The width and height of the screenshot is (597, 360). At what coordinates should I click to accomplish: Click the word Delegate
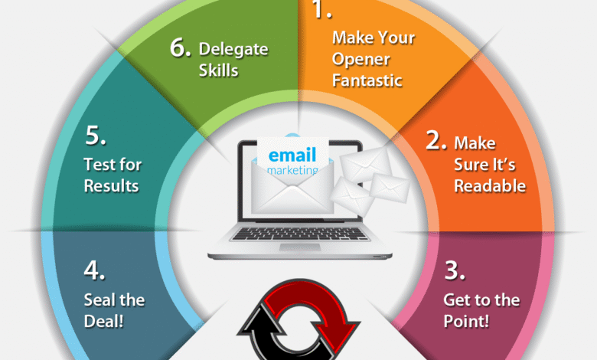233,50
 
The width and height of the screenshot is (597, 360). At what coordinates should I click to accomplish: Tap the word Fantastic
367,80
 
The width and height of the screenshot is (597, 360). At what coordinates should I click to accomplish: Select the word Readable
490,186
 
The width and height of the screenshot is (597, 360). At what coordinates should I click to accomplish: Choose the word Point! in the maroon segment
466,321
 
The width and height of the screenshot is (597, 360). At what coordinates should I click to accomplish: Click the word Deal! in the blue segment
103,321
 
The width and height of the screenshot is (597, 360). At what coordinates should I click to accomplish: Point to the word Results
111,186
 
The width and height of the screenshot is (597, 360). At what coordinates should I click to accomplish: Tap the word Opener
361,60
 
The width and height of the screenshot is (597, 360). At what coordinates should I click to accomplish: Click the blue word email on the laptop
292,155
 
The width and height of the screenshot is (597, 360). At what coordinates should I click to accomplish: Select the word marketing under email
292,170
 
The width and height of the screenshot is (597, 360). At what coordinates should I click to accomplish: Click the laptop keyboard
300,234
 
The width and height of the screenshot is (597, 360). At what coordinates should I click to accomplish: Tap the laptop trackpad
299,247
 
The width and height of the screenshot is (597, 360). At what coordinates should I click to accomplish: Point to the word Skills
218,71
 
